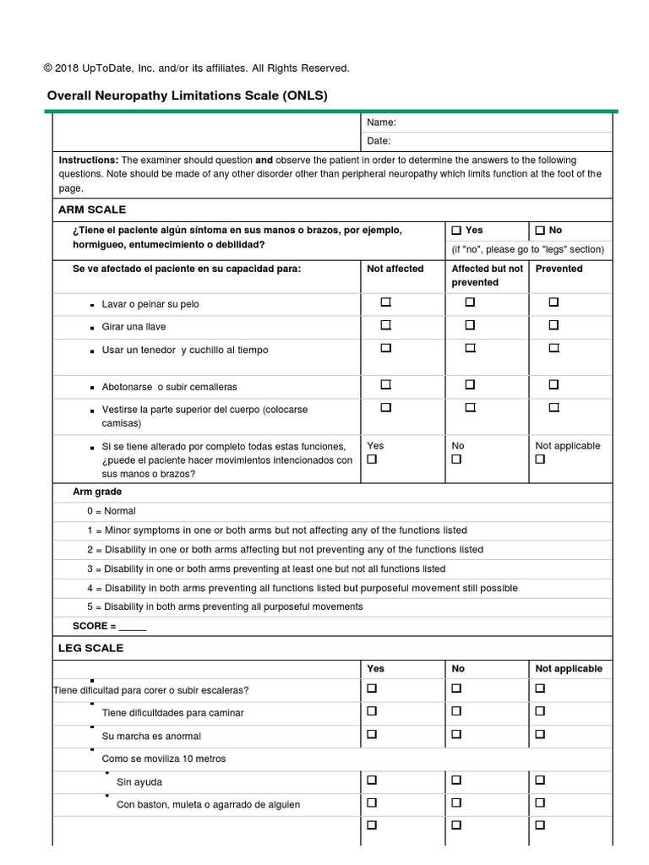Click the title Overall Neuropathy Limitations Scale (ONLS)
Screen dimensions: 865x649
187,95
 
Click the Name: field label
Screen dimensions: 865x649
381,122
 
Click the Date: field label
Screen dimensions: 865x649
379,141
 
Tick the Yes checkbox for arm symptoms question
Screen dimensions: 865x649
457,230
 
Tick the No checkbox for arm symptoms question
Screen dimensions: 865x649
541,230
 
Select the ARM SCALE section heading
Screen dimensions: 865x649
92,209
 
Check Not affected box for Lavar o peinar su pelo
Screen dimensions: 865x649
385,302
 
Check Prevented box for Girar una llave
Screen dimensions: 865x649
554,324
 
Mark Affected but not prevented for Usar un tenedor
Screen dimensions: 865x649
470,347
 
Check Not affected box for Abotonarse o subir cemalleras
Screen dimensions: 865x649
385,384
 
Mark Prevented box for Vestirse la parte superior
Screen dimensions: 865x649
554,407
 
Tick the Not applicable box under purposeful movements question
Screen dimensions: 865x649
541,460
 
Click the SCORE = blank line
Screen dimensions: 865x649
133,626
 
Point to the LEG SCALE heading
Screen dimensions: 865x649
90,648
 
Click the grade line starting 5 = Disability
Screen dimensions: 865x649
225,607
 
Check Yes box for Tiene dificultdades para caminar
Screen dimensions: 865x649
372,711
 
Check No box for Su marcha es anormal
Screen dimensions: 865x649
456,734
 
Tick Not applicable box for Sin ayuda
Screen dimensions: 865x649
541,780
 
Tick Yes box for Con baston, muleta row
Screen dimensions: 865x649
372,802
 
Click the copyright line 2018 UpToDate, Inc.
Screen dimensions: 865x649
196,68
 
